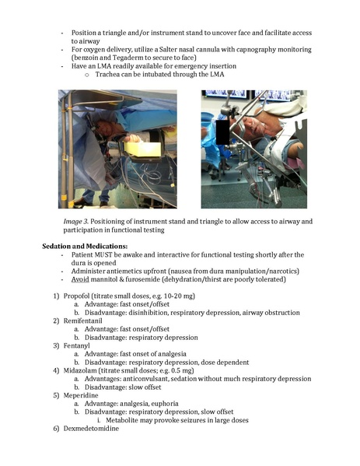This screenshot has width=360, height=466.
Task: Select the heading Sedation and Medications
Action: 92,245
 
